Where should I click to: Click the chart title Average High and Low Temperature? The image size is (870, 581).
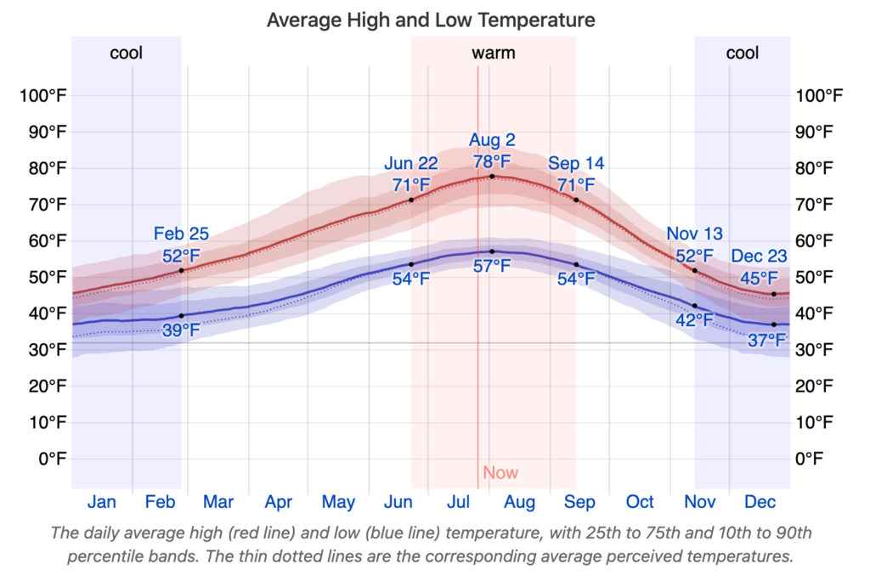431,20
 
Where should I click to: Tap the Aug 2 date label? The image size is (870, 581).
492,140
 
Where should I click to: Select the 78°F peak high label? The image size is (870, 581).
492,161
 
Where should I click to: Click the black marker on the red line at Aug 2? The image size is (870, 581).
492,177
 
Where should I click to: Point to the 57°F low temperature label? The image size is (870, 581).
492,267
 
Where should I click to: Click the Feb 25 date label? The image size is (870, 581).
181,234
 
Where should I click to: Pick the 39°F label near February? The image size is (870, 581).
181,330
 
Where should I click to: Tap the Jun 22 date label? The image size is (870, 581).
411,164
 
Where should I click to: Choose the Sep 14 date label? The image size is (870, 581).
576,164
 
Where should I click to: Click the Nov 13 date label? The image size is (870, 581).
694,234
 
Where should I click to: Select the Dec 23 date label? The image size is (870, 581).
759,257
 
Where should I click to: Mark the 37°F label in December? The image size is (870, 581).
767,341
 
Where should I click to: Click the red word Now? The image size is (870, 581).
500,473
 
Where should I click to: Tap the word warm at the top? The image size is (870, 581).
494,54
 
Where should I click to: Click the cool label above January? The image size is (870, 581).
127,54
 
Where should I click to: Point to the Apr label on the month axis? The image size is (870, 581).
279,502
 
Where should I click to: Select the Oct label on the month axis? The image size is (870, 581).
640,502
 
